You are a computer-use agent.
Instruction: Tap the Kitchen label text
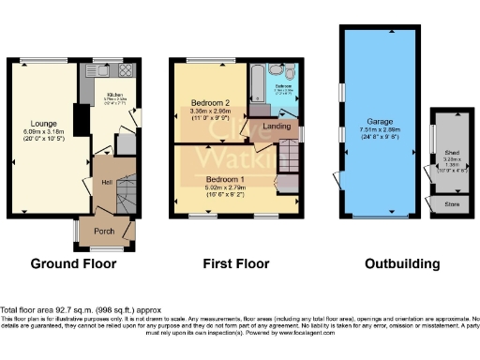pyautogui.click(x=115, y=95)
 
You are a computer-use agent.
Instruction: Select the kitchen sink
pyautogui.click(x=99, y=71)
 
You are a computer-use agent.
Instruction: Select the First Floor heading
pyautogui.click(x=234, y=264)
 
